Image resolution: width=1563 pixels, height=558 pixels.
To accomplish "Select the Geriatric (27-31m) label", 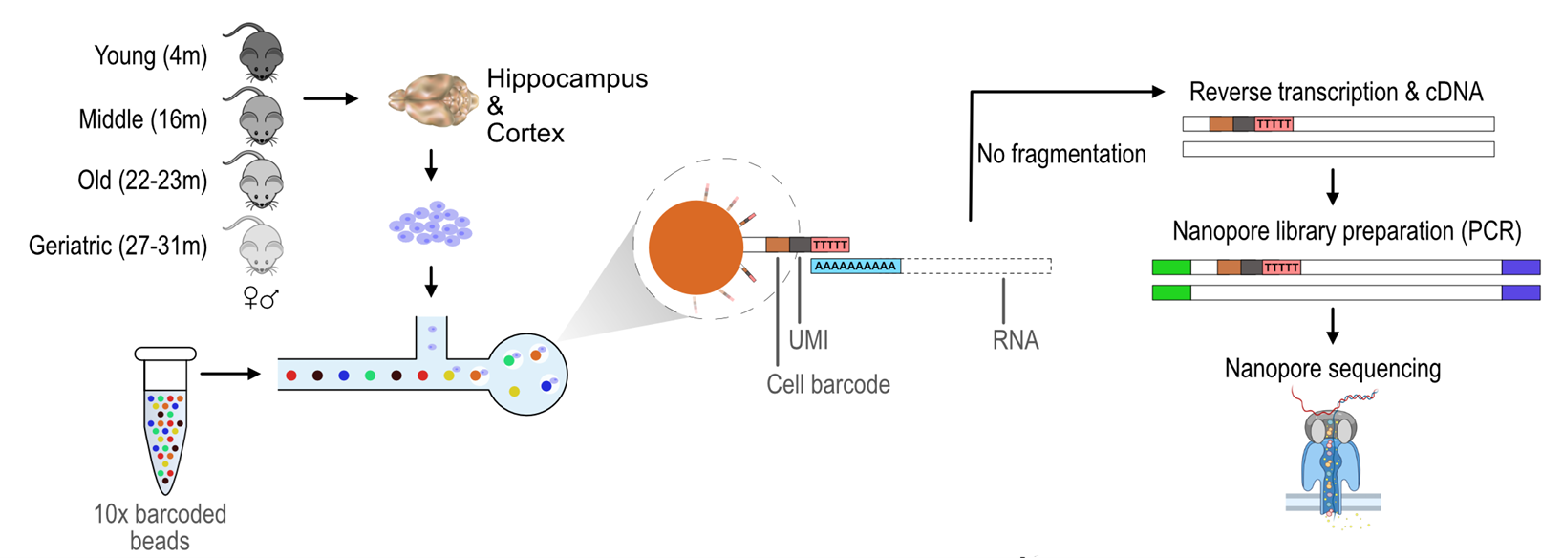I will click(x=118, y=246).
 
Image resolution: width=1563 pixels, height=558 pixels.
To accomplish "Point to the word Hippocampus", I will click(x=567, y=78).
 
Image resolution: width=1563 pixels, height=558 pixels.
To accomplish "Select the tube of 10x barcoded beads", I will click(x=165, y=420).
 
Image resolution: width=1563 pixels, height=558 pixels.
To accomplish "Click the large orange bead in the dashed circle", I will click(x=696, y=247).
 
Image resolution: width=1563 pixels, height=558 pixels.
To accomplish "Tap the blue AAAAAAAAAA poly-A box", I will click(x=856, y=266).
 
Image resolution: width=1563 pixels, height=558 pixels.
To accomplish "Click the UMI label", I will click(x=808, y=340).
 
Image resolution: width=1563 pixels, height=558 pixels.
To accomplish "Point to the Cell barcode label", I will click(x=827, y=384).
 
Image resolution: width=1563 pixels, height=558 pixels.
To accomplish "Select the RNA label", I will click(x=1015, y=340).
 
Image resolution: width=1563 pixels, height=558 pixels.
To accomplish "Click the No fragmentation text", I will click(x=1060, y=154).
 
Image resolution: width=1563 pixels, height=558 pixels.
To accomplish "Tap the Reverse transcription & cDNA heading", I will click(x=1336, y=92).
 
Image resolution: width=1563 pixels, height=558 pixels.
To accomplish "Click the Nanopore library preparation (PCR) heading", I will click(x=1346, y=231).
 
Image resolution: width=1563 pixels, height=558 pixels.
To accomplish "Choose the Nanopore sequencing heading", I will click(x=1332, y=369).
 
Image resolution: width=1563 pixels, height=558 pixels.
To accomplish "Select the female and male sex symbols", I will click(x=260, y=299).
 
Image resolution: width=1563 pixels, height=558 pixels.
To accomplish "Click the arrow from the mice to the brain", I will click(x=331, y=98).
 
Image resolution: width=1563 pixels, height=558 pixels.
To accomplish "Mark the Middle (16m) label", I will click(x=142, y=119).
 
